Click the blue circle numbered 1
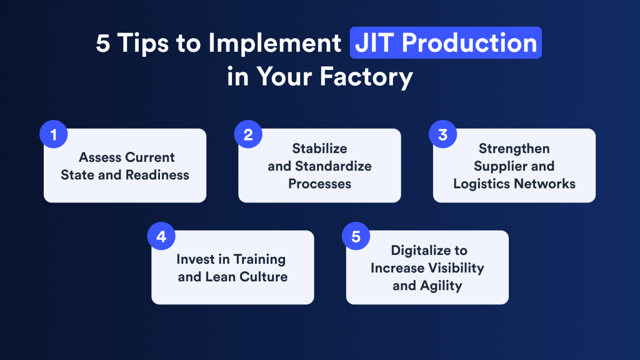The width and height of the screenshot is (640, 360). point(54,135)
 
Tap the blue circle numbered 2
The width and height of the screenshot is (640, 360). point(248,135)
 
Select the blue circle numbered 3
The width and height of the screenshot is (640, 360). point(443,135)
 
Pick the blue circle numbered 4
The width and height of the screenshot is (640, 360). point(161,237)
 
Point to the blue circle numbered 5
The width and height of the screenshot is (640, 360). point(356,237)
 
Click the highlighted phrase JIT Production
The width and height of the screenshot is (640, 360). point(445,43)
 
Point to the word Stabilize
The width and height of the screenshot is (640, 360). point(319,149)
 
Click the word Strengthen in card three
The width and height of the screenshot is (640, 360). point(514,149)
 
